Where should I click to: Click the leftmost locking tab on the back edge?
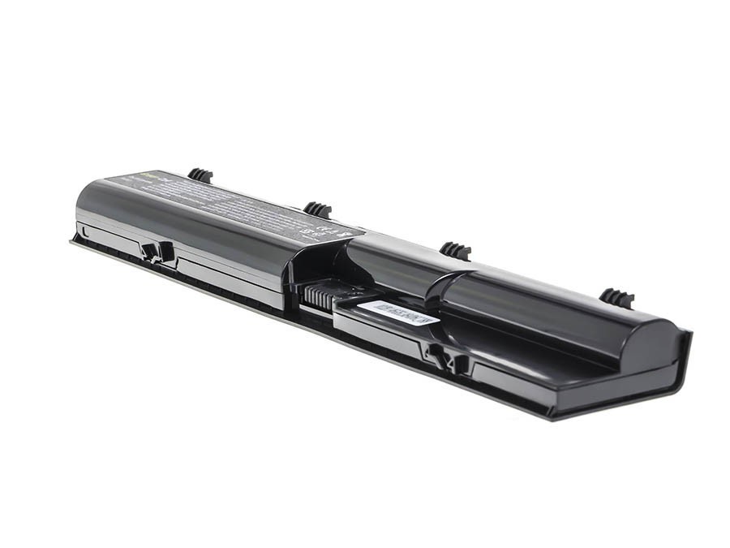pyautogui.click(x=200, y=175)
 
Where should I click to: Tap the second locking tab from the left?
pyautogui.click(x=318, y=209)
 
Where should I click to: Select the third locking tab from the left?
pyautogui.click(x=456, y=250)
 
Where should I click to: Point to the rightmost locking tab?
pyautogui.click(x=617, y=297)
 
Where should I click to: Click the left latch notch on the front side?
pyautogui.click(x=157, y=251)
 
